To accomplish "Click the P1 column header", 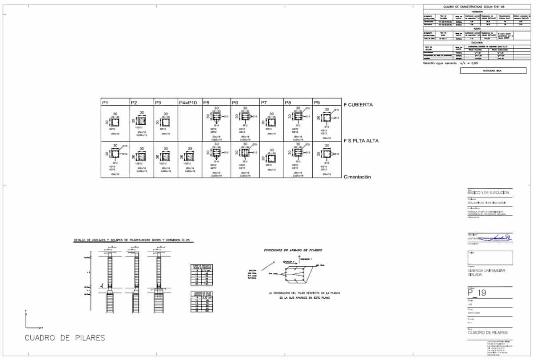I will pos(105,103).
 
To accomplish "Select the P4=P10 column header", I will pos(187,103).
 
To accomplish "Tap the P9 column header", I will pos(317,103).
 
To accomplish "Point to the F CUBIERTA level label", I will pos(358,105).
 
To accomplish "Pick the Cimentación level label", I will pos(357,177).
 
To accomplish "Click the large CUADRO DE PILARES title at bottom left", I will pos(65,338).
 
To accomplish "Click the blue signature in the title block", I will pos(500,239).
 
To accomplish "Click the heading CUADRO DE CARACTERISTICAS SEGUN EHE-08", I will pos(474,7).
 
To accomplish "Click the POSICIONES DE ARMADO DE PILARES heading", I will pos(293,250).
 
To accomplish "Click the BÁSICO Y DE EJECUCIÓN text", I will pos(488,193).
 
